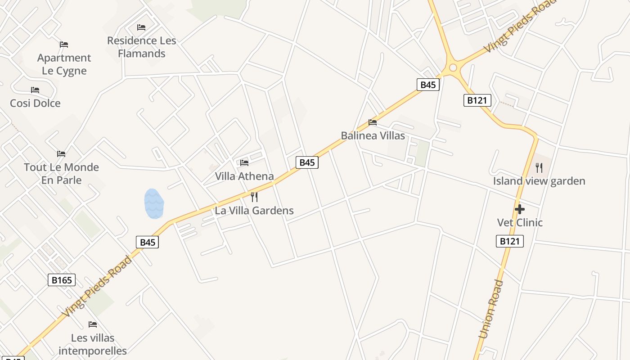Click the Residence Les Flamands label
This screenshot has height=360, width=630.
click(x=142, y=47)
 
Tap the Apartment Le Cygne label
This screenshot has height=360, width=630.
click(x=64, y=64)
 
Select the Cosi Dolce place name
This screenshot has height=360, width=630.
click(x=35, y=103)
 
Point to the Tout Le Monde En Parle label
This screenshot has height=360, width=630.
click(x=61, y=174)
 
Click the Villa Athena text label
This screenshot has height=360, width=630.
click(x=244, y=176)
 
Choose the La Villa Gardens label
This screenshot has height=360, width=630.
click(x=254, y=210)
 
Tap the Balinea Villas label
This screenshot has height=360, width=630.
click(x=373, y=135)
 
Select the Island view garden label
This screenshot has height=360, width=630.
click(x=539, y=181)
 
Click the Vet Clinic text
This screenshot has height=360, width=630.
click(x=520, y=222)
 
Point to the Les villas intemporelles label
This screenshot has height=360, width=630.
click(x=93, y=344)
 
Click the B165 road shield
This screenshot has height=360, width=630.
click(x=62, y=280)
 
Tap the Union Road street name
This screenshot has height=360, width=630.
click(x=491, y=309)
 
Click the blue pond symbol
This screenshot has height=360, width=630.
click(x=154, y=204)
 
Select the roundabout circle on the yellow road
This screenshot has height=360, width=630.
click(x=453, y=68)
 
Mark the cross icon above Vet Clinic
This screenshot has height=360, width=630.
click(x=520, y=209)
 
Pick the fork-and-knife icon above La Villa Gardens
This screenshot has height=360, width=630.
click(x=254, y=197)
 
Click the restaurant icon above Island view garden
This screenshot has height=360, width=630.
click(x=539, y=168)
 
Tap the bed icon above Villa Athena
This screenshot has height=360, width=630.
click(x=244, y=162)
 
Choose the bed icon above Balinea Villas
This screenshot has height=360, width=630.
click(x=373, y=122)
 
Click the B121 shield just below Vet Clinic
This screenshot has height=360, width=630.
click(x=510, y=241)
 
